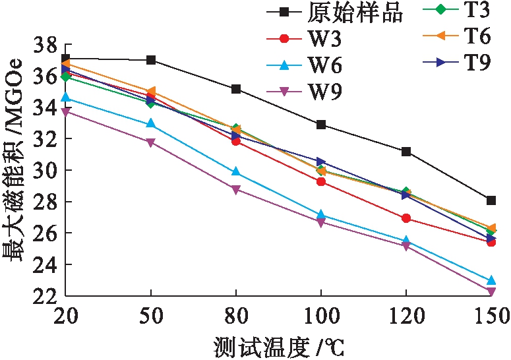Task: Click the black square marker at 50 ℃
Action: [151, 60]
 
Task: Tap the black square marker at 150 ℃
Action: [491, 200]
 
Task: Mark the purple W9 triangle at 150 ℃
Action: [491, 291]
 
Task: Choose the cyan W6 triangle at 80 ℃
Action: [236, 172]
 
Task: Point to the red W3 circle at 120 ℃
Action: [406, 218]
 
